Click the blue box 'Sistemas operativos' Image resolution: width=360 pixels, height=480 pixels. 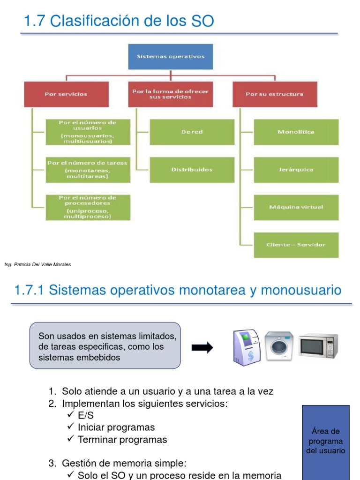click(x=171, y=57)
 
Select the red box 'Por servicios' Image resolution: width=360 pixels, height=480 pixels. click(x=66, y=94)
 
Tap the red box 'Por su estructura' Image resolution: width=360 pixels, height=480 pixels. click(x=275, y=94)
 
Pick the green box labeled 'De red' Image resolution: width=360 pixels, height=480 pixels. click(x=192, y=132)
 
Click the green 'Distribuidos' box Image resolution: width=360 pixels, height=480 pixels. click(x=192, y=170)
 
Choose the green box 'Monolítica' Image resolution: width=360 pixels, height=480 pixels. click(x=296, y=132)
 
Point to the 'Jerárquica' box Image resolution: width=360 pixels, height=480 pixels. click(x=296, y=170)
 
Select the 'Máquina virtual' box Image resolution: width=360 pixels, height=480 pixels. click(x=296, y=207)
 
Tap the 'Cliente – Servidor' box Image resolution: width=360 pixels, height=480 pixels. click(x=296, y=245)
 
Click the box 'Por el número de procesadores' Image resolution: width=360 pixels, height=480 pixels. click(x=88, y=207)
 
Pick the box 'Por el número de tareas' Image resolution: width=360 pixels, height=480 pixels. click(x=88, y=170)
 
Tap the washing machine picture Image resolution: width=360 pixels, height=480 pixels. click(x=279, y=346)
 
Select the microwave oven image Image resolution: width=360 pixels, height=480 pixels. click(x=318, y=346)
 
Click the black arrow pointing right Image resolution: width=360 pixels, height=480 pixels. click(x=202, y=347)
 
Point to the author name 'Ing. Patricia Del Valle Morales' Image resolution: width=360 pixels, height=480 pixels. click(x=37, y=265)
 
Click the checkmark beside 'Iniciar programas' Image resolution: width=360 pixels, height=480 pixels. click(x=70, y=427)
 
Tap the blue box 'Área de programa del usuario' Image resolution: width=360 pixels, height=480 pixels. click(x=326, y=441)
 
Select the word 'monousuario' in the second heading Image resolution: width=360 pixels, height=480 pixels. click(x=301, y=290)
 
